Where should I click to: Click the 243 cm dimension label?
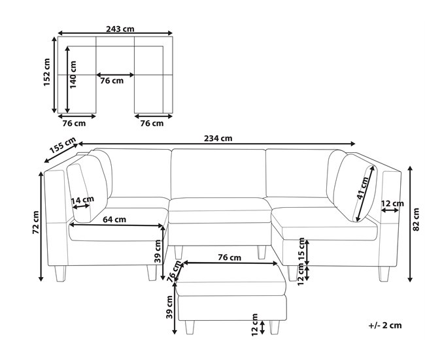click(120, 29)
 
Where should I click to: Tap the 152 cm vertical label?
click(47, 73)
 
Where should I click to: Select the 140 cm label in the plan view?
click(73, 74)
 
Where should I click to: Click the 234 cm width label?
click(218, 139)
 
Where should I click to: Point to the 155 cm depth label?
click(63, 146)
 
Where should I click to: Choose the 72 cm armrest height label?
click(36, 222)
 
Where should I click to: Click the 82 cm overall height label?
click(416, 220)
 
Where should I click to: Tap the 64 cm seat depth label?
click(114, 219)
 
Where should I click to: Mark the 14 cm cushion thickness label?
click(82, 201)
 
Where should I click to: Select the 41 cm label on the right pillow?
click(362, 188)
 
